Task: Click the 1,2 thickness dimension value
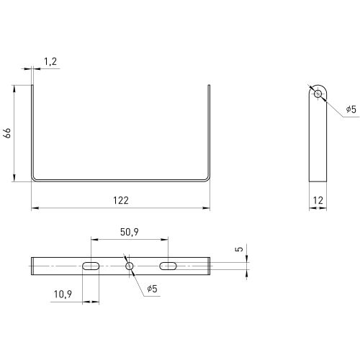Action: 50,62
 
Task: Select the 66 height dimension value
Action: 7,133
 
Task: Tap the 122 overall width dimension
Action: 121,200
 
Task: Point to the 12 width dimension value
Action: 318,200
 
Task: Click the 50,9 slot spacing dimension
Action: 130,232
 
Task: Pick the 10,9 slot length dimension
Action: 63,294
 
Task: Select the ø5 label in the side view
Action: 351,109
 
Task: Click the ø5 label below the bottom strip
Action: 152,289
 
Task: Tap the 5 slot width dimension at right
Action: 239,249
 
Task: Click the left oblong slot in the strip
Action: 91,266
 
